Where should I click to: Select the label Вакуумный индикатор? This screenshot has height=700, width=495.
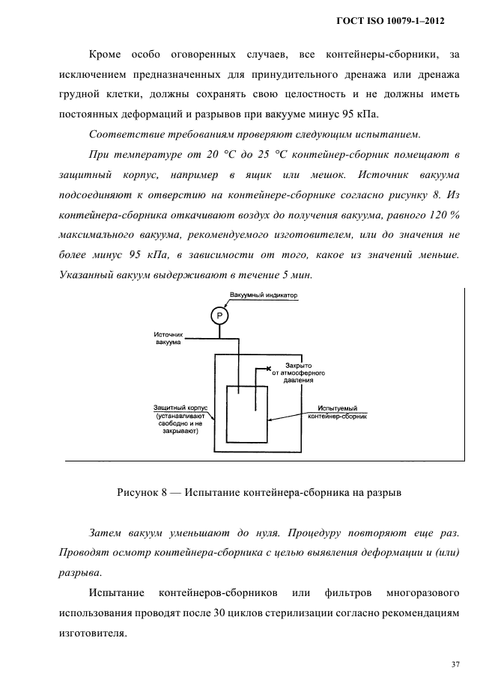pyautogui.click(x=264, y=295)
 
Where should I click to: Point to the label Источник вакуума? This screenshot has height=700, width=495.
pyautogui.click(x=168, y=338)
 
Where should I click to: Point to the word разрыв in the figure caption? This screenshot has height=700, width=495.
pyautogui.click(x=363, y=493)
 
